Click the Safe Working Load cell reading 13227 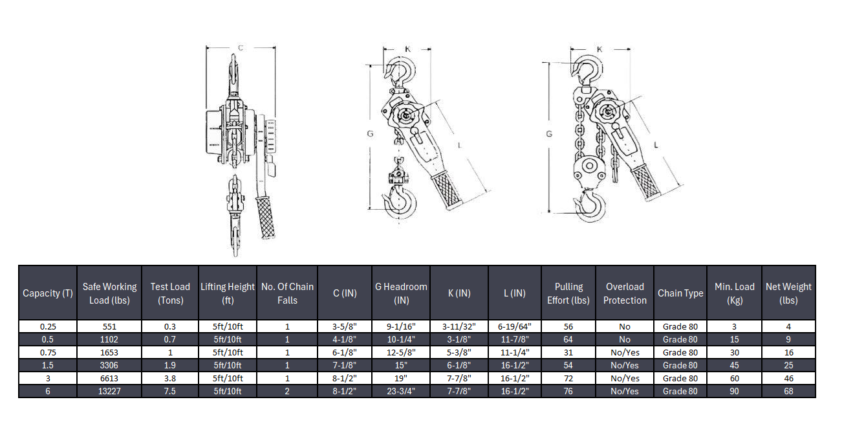[109, 391]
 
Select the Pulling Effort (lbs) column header [568, 293]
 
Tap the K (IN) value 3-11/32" [459, 327]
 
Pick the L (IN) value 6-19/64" [514, 327]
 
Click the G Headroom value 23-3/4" [401, 391]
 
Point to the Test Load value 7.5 [170, 391]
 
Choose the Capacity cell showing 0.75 [48, 352]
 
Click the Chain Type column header [680, 293]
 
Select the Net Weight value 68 [788, 391]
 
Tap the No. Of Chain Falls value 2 [287, 391]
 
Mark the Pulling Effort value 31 [568, 352]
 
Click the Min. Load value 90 [734, 391]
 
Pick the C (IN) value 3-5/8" [345, 327]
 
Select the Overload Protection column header [625, 293]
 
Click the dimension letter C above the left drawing [241, 47]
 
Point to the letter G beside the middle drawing [370, 134]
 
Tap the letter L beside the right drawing [656, 146]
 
